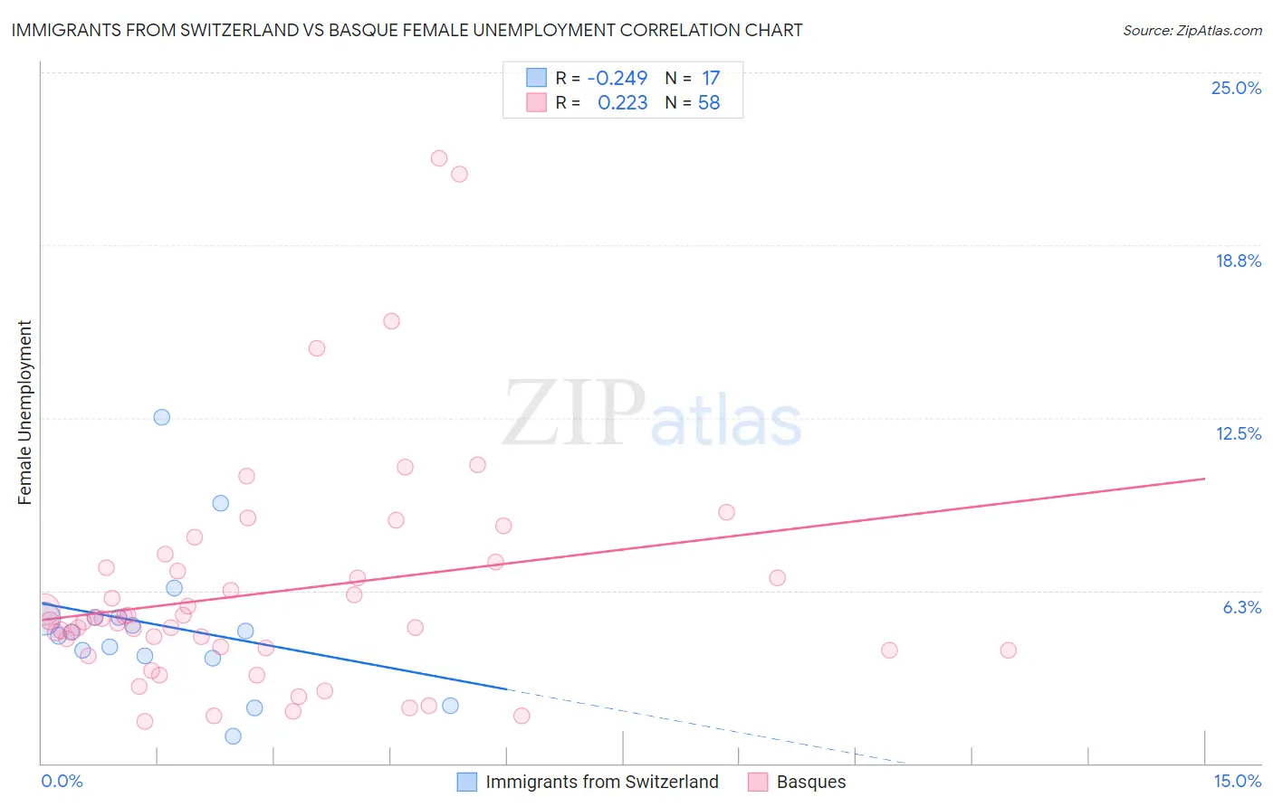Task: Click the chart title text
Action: click(x=407, y=31)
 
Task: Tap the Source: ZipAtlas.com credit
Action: click(x=1192, y=31)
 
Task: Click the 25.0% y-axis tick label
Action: click(x=1236, y=88)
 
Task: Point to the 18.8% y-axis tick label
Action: click(x=1238, y=261)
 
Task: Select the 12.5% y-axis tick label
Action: click(x=1238, y=433)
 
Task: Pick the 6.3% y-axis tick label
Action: click(x=1241, y=607)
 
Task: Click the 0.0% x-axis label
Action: click(x=62, y=781)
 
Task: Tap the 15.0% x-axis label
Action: click(x=1237, y=781)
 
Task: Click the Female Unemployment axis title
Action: click(x=24, y=413)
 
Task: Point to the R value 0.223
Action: click(x=622, y=103)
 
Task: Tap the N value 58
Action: click(x=709, y=103)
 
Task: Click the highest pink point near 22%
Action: click(x=439, y=158)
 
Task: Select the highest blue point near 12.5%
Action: click(x=162, y=417)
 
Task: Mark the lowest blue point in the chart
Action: click(x=233, y=736)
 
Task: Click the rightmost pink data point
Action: click(x=1008, y=650)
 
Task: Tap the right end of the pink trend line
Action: click(x=1204, y=478)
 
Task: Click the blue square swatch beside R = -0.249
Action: click(x=537, y=78)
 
